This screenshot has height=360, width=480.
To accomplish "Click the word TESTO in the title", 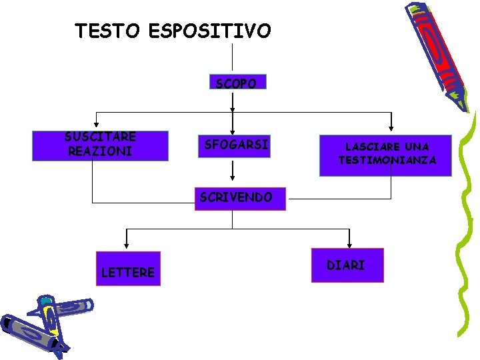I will click(107, 31).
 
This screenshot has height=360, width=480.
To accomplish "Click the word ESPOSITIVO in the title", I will click(210, 31).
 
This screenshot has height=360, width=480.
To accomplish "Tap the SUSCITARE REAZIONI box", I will click(100, 145).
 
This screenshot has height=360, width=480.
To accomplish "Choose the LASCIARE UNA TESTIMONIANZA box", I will click(385, 155).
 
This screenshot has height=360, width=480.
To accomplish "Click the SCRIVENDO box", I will click(239, 197).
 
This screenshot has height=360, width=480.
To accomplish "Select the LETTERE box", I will click(129, 269).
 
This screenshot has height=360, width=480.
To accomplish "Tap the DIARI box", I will click(347, 265).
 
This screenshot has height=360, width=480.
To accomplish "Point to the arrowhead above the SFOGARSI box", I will click(232, 131).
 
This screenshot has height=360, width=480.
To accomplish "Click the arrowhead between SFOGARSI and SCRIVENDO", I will click(232, 178).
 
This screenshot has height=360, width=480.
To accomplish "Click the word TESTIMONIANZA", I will click(387, 161).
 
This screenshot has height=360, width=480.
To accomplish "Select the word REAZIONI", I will click(100, 151).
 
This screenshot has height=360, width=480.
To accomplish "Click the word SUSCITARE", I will click(100, 137).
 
